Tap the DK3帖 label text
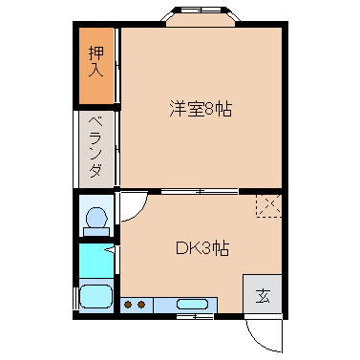[x=201, y=248]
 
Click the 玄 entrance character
[x=262, y=295]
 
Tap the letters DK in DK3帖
[x=185, y=248]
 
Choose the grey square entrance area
[x=262, y=295]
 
